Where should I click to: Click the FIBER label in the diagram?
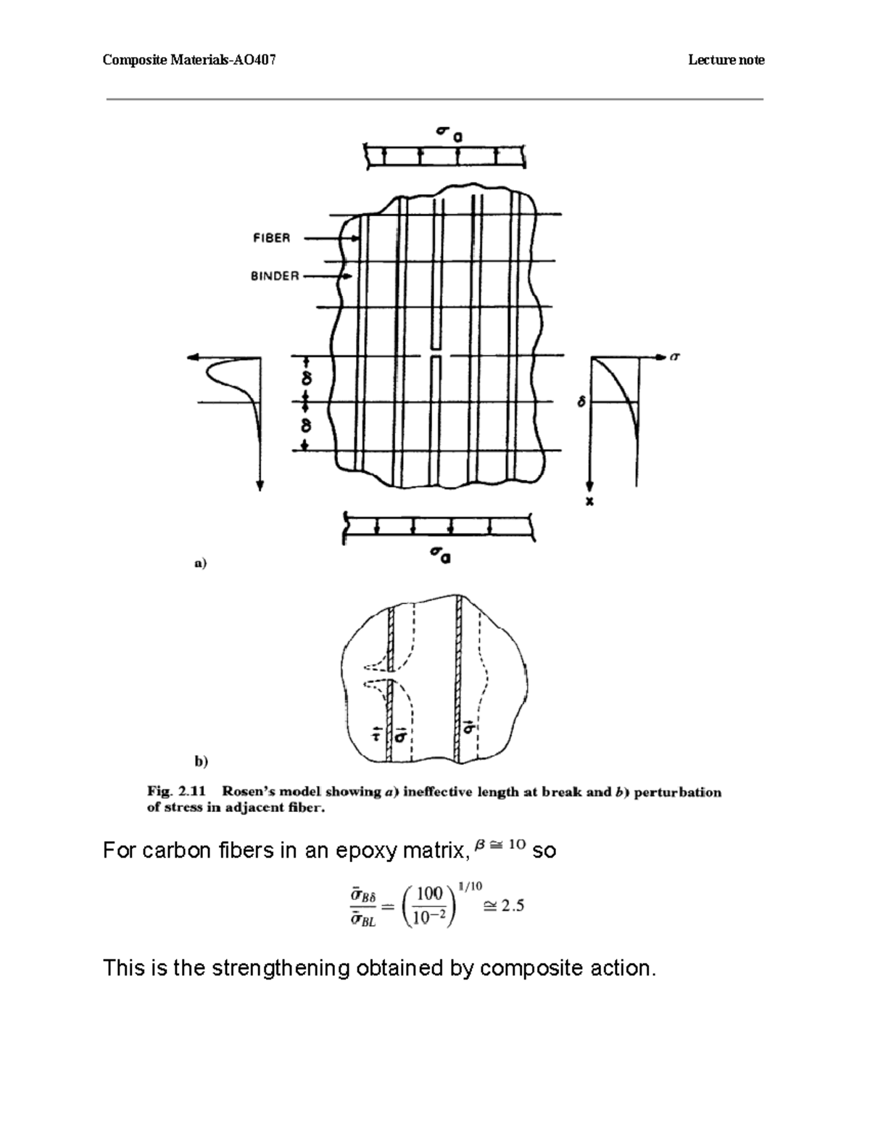(271, 238)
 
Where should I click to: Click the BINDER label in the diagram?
(275, 276)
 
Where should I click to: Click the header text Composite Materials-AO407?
(189, 60)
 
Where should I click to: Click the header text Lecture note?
(726, 60)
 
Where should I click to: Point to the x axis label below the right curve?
(590, 501)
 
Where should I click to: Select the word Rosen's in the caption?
(250, 792)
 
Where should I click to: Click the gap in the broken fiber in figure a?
(436, 355)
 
